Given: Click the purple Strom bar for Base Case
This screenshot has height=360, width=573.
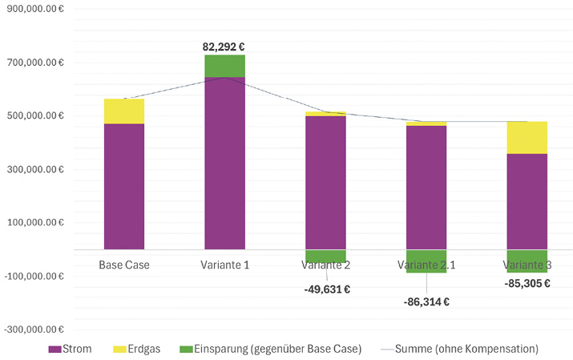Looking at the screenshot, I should [x=124, y=186].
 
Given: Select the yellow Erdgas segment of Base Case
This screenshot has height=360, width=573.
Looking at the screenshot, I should [x=124, y=111].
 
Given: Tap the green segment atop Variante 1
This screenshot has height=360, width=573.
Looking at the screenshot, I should [x=224, y=66].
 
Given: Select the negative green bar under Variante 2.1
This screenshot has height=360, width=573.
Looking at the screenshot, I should [x=426, y=261].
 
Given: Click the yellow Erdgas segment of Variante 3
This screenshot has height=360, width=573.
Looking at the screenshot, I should [x=527, y=137].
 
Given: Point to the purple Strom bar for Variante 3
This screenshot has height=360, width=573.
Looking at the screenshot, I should [x=527, y=201].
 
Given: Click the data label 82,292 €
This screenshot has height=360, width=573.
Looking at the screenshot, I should [x=224, y=47].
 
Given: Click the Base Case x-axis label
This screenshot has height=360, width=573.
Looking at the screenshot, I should [x=124, y=263].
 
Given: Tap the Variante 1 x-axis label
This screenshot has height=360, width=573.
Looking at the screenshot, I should [x=224, y=263].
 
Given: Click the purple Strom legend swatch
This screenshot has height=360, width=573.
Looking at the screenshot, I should [x=54, y=350].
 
